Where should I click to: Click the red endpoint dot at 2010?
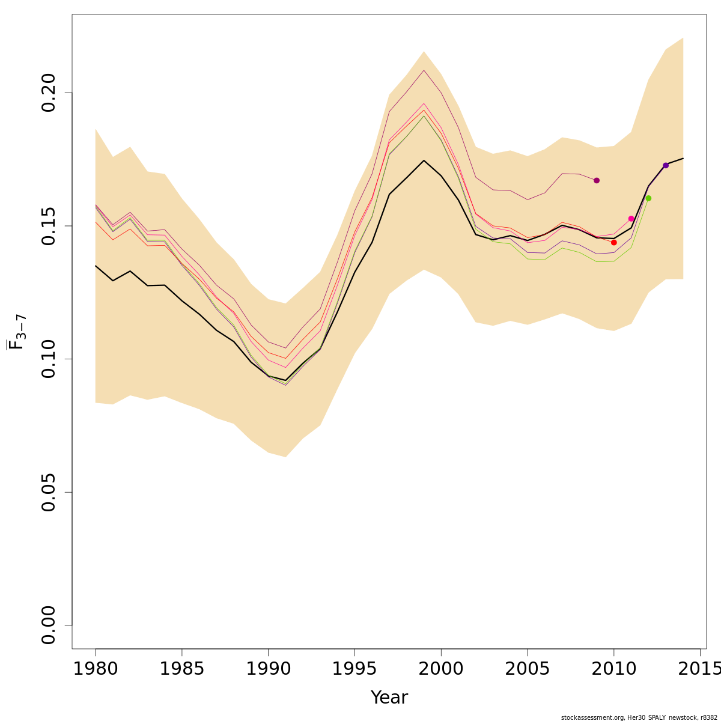613,242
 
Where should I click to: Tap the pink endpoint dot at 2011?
631,219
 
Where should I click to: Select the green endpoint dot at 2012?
648,198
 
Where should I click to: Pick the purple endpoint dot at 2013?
666,165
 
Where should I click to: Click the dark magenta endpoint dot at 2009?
597,180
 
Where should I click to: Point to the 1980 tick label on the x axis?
96,668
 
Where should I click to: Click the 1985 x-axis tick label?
182,668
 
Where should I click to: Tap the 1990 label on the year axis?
268,668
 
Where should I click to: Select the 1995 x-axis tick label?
354,668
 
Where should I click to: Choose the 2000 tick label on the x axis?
441,668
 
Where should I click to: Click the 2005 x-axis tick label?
528,668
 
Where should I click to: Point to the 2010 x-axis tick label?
614,668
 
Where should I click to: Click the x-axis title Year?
389,698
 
